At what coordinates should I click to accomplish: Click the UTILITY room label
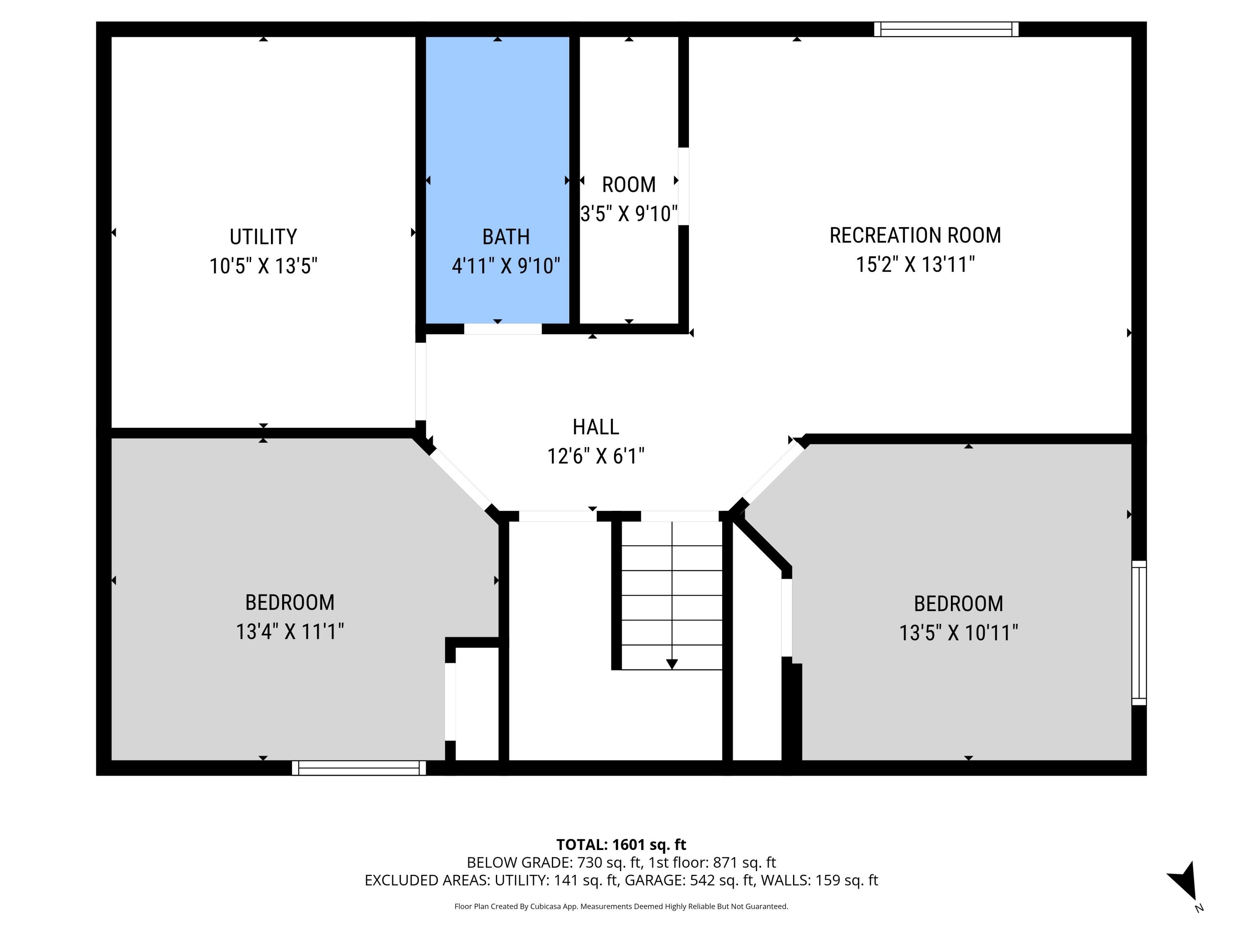point(263,237)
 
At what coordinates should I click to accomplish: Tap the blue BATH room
point(497,140)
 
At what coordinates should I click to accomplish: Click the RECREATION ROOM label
point(915,235)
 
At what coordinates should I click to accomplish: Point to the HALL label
point(596,427)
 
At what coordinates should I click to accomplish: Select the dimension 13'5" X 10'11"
point(958,633)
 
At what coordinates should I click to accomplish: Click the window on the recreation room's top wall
point(946,29)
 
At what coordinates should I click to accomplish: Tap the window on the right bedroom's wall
point(1139,633)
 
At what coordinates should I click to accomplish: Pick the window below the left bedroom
point(358,768)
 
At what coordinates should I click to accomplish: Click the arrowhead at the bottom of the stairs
point(672,664)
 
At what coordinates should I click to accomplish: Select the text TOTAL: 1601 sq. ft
point(621,844)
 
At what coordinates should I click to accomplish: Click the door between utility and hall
point(420,381)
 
